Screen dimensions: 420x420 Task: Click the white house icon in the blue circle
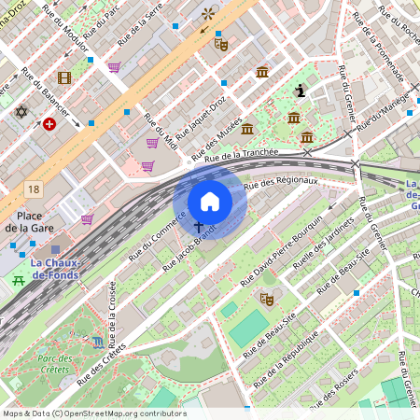click(210, 201)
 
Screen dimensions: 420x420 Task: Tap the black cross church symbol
click(198, 227)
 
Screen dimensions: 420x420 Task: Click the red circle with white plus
click(49, 123)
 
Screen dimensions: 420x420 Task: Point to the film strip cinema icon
click(63, 78)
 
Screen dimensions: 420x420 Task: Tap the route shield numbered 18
click(35, 189)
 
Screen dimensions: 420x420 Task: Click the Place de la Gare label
click(29, 220)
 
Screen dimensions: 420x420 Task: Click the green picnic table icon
click(17, 280)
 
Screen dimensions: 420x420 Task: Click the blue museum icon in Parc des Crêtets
click(99, 343)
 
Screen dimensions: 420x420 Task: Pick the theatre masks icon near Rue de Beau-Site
click(266, 300)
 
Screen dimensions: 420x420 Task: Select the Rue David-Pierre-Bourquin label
click(282, 249)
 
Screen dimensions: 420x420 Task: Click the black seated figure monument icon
click(300, 91)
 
